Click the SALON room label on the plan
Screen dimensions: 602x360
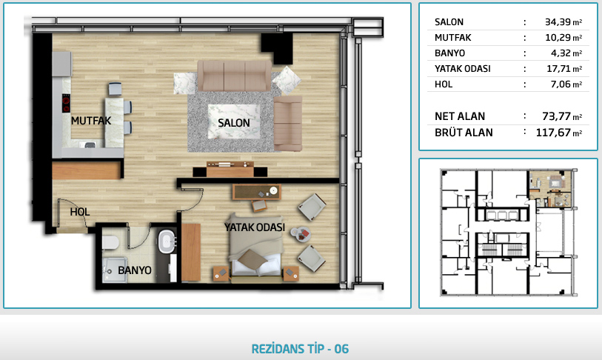[x=234, y=123]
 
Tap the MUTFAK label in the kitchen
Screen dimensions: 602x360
[x=91, y=121]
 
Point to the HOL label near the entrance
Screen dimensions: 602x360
[x=80, y=212]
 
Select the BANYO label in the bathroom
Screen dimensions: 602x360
[x=134, y=270]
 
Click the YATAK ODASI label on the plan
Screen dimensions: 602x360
[x=255, y=227]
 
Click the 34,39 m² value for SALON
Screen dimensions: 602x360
[x=563, y=22]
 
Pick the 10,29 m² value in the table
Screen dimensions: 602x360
[x=563, y=37]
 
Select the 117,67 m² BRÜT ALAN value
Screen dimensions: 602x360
[x=559, y=133]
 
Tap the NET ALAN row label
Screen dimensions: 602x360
[x=460, y=116]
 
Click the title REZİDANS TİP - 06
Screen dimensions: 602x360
[x=300, y=349]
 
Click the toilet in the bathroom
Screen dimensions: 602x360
[x=110, y=242]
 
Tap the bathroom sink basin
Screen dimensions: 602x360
[x=167, y=241]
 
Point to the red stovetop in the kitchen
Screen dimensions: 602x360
[x=66, y=103]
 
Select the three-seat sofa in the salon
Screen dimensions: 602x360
[x=234, y=76]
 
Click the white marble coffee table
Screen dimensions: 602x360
[x=234, y=121]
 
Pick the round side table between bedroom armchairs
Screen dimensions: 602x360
[x=300, y=234]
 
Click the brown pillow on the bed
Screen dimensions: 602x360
[x=252, y=259]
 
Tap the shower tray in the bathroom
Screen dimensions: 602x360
[x=115, y=270]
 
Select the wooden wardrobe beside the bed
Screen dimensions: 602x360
[x=191, y=253]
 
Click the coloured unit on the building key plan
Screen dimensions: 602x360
[x=550, y=189]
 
